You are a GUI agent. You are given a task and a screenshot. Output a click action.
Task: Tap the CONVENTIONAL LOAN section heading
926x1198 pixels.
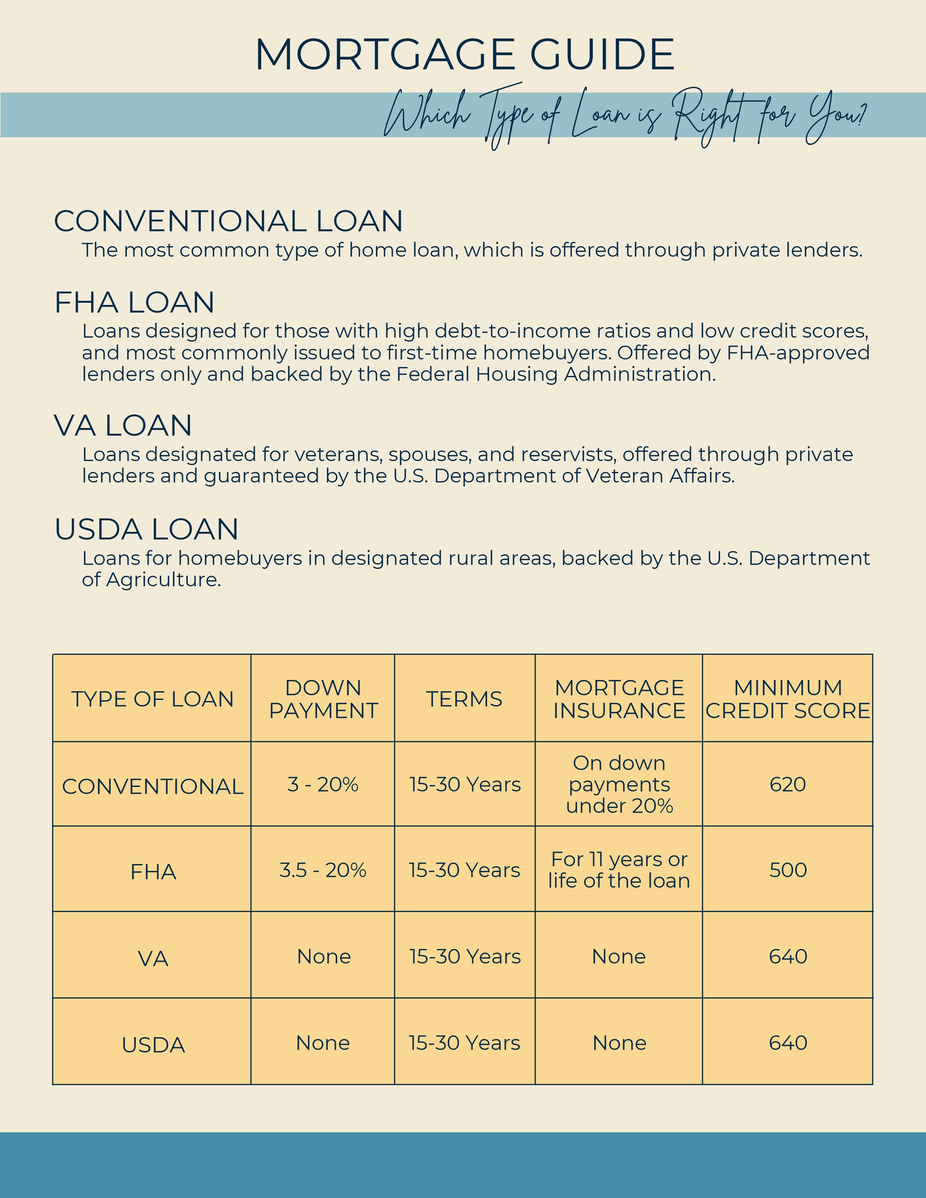(228, 221)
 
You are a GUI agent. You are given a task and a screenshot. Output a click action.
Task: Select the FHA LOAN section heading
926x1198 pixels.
(134, 302)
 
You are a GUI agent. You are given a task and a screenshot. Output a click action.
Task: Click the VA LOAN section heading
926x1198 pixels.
(123, 426)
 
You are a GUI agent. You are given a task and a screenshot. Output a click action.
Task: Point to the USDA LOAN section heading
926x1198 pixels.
(146, 529)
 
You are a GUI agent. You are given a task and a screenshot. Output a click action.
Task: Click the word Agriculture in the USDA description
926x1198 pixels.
(163, 580)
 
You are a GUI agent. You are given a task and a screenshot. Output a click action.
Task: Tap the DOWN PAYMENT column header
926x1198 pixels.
(323, 699)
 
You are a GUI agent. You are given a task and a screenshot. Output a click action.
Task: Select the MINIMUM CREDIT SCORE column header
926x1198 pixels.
(788, 699)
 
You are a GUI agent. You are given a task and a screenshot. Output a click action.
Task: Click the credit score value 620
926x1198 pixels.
(788, 785)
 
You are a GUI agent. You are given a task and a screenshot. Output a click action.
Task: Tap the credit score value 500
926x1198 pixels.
(788, 870)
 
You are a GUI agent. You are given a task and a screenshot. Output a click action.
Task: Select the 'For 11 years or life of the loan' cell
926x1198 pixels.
(619, 870)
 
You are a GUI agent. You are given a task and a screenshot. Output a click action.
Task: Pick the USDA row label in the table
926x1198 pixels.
(153, 1045)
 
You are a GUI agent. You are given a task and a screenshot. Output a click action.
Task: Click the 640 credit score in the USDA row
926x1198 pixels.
(788, 1043)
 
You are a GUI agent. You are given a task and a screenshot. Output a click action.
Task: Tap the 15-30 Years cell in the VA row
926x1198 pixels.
(465, 957)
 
